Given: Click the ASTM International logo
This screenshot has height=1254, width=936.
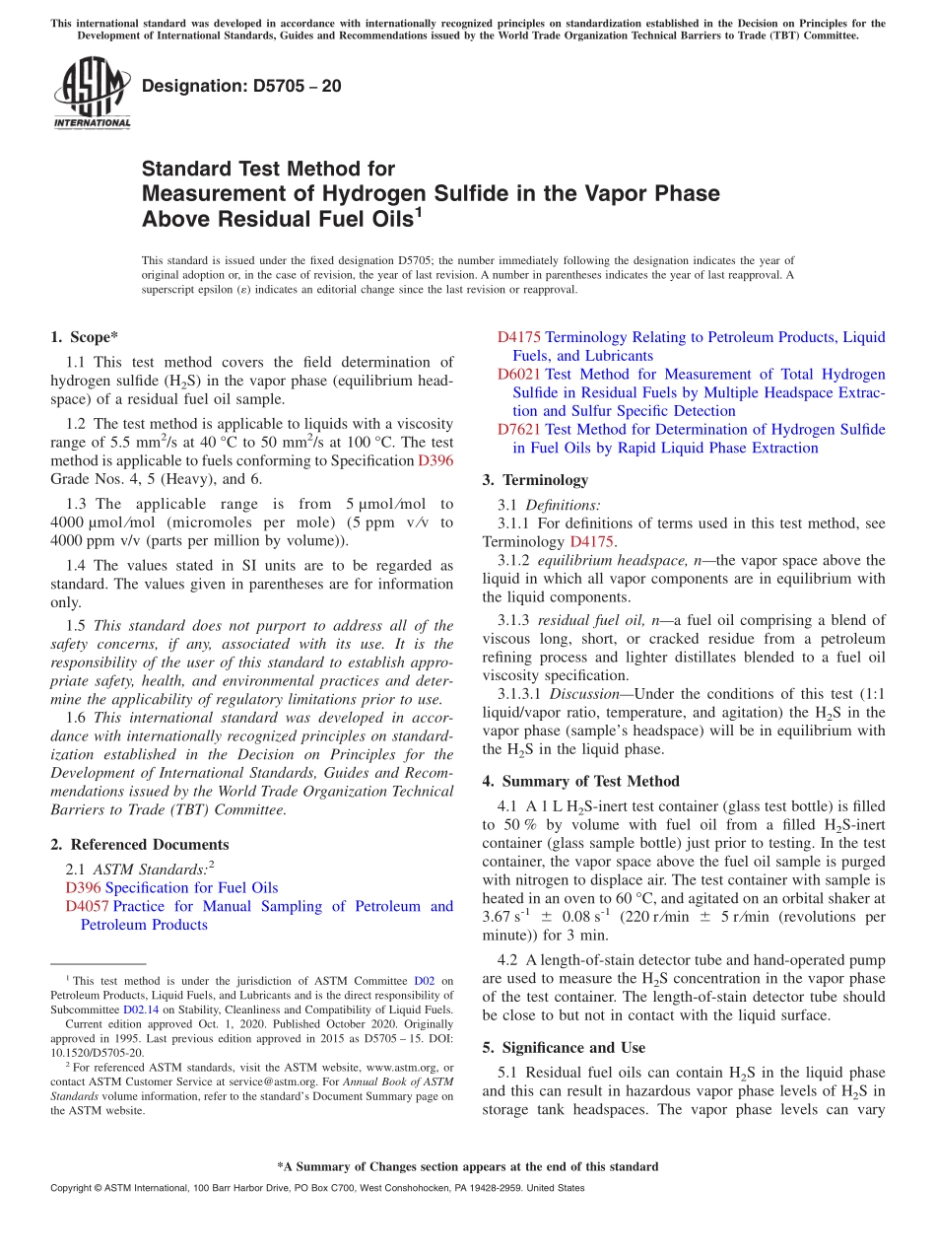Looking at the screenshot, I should click(92, 94).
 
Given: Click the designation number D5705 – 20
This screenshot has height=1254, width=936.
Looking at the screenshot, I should click(241, 86).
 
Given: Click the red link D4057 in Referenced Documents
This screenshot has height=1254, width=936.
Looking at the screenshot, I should click(87, 906).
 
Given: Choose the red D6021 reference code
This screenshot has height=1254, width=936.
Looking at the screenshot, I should click(518, 375).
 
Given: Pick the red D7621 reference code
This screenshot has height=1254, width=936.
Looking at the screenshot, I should click(518, 430).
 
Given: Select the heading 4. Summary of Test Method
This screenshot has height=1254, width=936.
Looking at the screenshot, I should click(580, 781).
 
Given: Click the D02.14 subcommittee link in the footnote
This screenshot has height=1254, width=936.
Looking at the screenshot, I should click(134, 1010).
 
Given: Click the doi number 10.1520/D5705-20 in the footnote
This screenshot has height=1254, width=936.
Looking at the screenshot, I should click(97, 1052).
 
